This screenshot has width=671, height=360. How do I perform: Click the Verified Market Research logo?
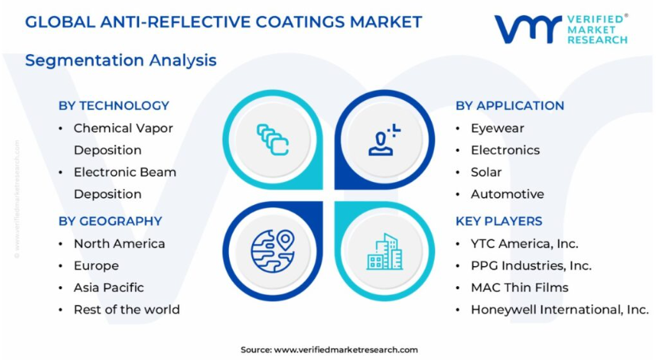[x=561, y=29]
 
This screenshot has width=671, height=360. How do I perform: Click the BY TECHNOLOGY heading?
[x=114, y=106]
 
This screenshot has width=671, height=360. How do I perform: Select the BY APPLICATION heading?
[x=510, y=106]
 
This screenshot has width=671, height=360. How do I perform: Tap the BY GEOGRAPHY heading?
[x=111, y=221]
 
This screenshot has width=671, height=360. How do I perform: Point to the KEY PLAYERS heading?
[x=499, y=221]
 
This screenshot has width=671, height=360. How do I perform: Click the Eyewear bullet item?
[x=497, y=128]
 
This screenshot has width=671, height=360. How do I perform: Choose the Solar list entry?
[x=486, y=172]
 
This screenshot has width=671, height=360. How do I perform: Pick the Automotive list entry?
[x=507, y=194]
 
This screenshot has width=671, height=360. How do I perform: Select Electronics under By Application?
[x=506, y=150]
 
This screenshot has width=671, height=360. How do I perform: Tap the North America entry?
[x=119, y=244]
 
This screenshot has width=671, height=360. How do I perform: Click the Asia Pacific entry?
[x=109, y=288]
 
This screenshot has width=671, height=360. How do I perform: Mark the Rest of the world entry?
[x=126, y=310]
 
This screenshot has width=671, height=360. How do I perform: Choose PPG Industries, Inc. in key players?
[x=531, y=265]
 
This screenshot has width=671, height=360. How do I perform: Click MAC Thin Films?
[x=519, y=288]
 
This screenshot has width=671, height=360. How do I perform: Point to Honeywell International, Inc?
[x=560, y=310]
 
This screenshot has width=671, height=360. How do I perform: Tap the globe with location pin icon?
[x=273, y=251]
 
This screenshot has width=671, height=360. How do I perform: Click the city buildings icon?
[x=385, y=252]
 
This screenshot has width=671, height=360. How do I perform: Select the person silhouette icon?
[x=384, y=139]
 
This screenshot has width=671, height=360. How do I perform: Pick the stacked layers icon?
[x=273, y=139]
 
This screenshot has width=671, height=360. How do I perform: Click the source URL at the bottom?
[x=346, y=350]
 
